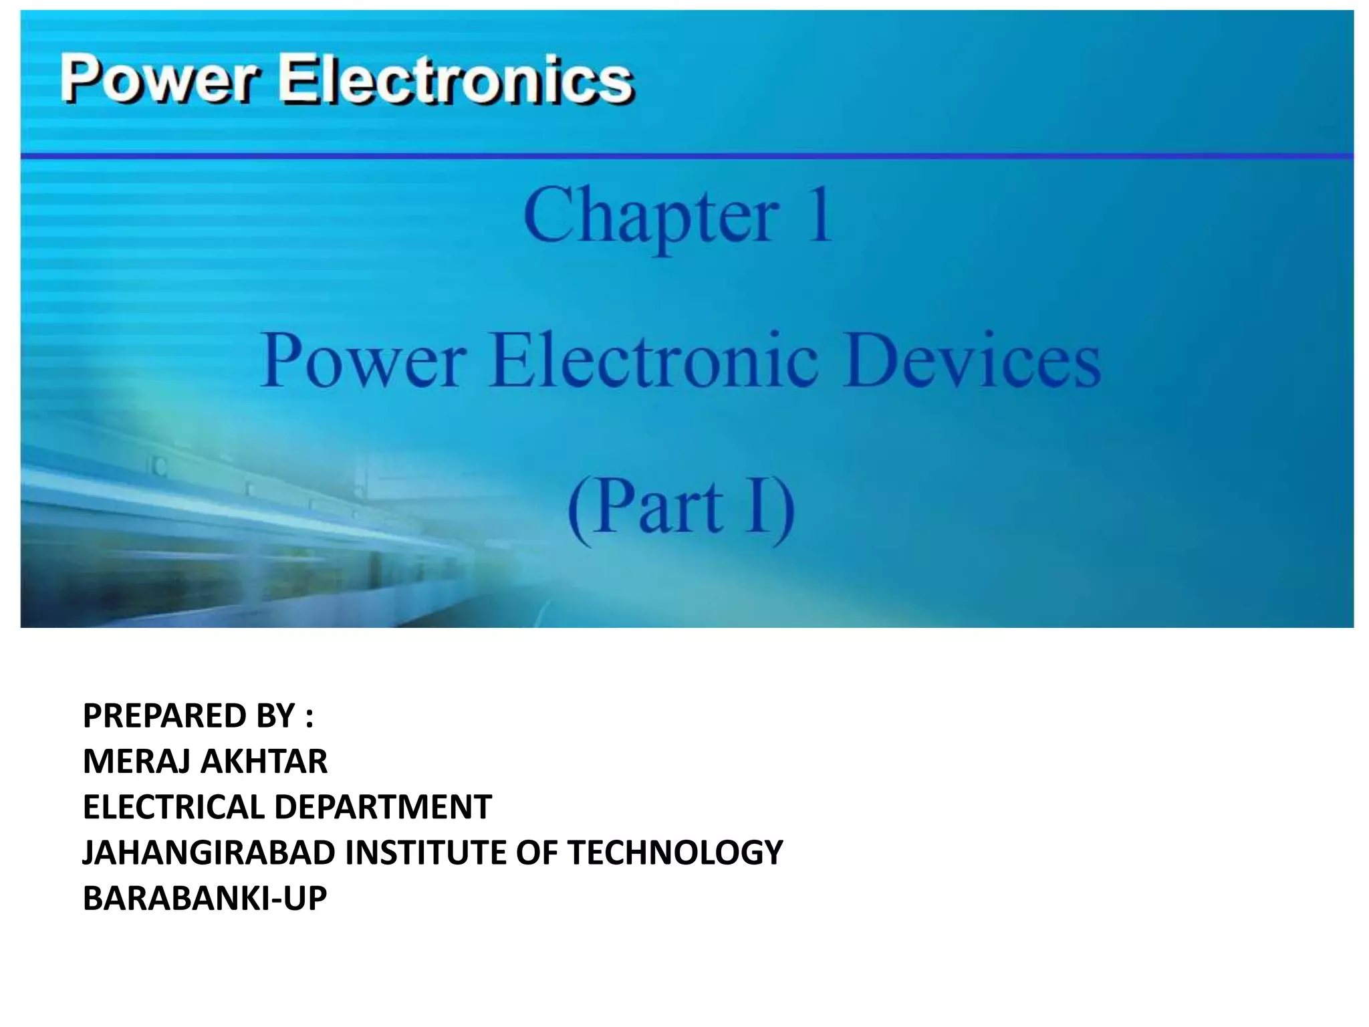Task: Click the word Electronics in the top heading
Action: (x=455, y=80)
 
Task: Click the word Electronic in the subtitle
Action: (x=654, y=361)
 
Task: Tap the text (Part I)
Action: (x=681, y=507)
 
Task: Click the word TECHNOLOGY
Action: (x=675, y=852)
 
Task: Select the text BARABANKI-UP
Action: (x=205, y=898)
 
